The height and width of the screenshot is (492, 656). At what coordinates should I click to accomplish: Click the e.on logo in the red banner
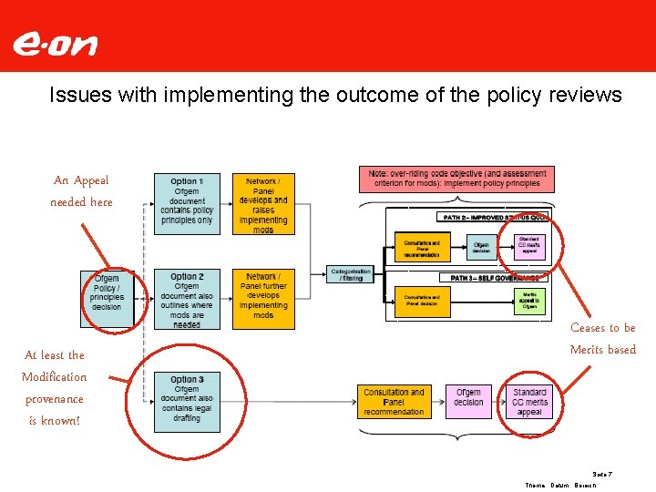click(55, 44)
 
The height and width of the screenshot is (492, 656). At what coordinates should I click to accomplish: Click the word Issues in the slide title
click(76, 96)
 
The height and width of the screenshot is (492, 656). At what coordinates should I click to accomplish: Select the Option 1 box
click(186, 204)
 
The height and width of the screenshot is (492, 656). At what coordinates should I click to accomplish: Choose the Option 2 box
click(186, 299)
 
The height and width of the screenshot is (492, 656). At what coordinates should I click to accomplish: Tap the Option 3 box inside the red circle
click(186, 397)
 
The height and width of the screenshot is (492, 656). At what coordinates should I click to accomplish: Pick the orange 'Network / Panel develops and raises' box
click(263, 204)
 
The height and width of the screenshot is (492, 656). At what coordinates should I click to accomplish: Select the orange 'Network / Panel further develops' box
click(263, 295)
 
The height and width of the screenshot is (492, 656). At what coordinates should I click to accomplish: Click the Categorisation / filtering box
click(350, 274)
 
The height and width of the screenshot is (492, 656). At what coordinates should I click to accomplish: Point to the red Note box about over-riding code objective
click(457, 179)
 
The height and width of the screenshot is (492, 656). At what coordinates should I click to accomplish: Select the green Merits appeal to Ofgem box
click(528, 302)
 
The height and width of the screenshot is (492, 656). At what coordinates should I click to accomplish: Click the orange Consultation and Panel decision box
click(422, 302)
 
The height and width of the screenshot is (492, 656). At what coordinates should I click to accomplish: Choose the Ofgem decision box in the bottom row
click(469, 397)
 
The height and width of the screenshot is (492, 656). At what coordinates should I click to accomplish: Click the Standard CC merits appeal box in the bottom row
click(529, 401)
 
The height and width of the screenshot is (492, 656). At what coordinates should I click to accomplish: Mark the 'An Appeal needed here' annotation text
click(81, 191)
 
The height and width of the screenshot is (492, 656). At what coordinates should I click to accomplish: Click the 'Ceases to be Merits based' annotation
click(602, 339)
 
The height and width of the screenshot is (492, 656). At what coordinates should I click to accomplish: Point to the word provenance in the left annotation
click(55, 399)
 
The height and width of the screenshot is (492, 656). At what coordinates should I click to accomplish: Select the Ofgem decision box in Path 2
click(480, 247)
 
